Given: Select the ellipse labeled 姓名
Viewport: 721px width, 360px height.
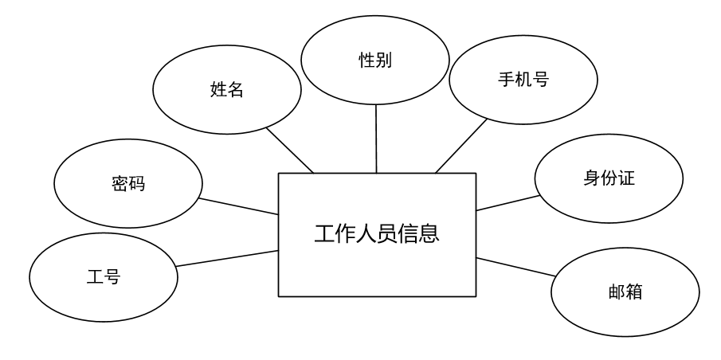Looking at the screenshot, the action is click(x=227, y=90).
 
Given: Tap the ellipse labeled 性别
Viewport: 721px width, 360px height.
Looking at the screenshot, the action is click(x=375, y=61).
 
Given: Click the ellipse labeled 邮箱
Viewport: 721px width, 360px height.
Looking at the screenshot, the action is click(x=625, y=292).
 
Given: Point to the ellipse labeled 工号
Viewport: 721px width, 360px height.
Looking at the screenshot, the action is click(x=103, y=278).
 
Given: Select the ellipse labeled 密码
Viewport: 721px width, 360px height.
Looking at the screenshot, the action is click(x=127, y=184).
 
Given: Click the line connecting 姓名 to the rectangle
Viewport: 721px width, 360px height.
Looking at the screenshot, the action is click(x=290, y=149).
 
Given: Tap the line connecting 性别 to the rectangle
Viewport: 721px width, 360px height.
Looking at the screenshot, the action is click(x=376, y=139).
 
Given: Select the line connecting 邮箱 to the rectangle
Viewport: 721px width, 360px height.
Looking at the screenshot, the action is click(x=515, y=266).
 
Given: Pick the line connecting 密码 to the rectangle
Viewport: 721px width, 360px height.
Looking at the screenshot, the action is click(x=238, y=206).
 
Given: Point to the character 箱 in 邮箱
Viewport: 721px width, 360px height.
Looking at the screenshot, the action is click(x=634, y=292).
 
